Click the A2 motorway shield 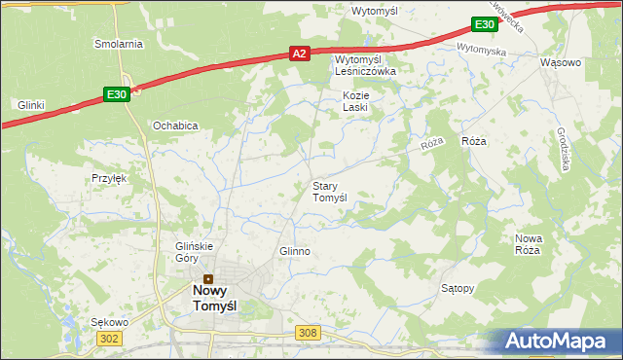(x=300, y=56)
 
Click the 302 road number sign (x=108, y=337)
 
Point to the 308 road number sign (x=308, y=333)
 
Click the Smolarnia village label (x=119, y=44)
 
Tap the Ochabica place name (x=175, y=126)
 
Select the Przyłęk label (x=110, y=178)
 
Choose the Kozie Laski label (x=354, y=101)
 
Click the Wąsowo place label (x=560, y=62)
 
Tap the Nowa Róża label (x=528, y=244)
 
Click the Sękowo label (x=109, y=321)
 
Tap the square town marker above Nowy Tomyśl (x=207, y=278)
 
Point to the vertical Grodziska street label (x=564, y=150)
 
